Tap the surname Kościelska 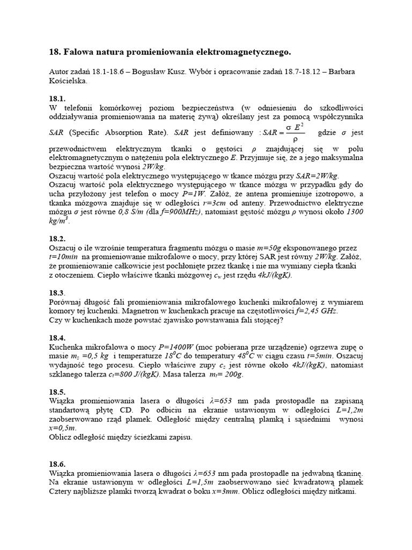[68, 82]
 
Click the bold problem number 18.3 [57, 293]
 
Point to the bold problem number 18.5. [57, 393]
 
